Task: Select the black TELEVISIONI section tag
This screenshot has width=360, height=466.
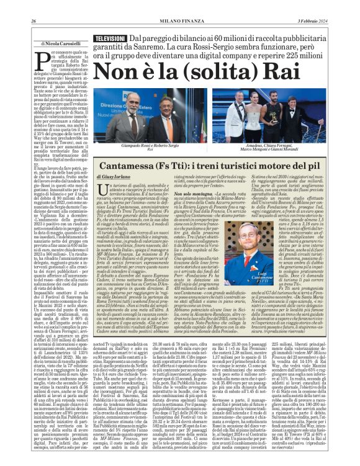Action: coord(109,38)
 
